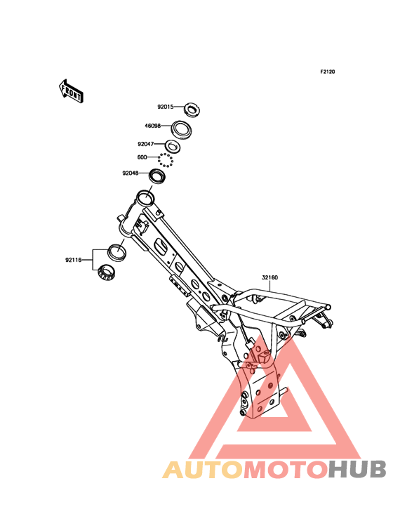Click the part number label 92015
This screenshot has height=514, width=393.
point(166,107)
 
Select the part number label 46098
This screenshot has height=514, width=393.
point(152,126)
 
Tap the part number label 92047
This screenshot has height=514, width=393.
point(145,144)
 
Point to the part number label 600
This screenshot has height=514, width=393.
point(142,157)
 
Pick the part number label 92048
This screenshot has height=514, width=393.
point(131,173)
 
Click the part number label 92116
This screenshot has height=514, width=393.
point(73,261)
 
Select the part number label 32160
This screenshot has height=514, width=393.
point(269,277)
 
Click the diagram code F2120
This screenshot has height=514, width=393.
point(328,72)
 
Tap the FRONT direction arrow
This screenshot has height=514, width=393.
point(71,91)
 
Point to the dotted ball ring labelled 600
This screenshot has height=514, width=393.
point(165,161)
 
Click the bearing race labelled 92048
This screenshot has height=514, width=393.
point(157,178)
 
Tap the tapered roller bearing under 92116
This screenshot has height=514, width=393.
point(107,272)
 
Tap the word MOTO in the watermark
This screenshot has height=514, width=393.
point(286,469)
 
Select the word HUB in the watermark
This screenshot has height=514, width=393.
point(358,469)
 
